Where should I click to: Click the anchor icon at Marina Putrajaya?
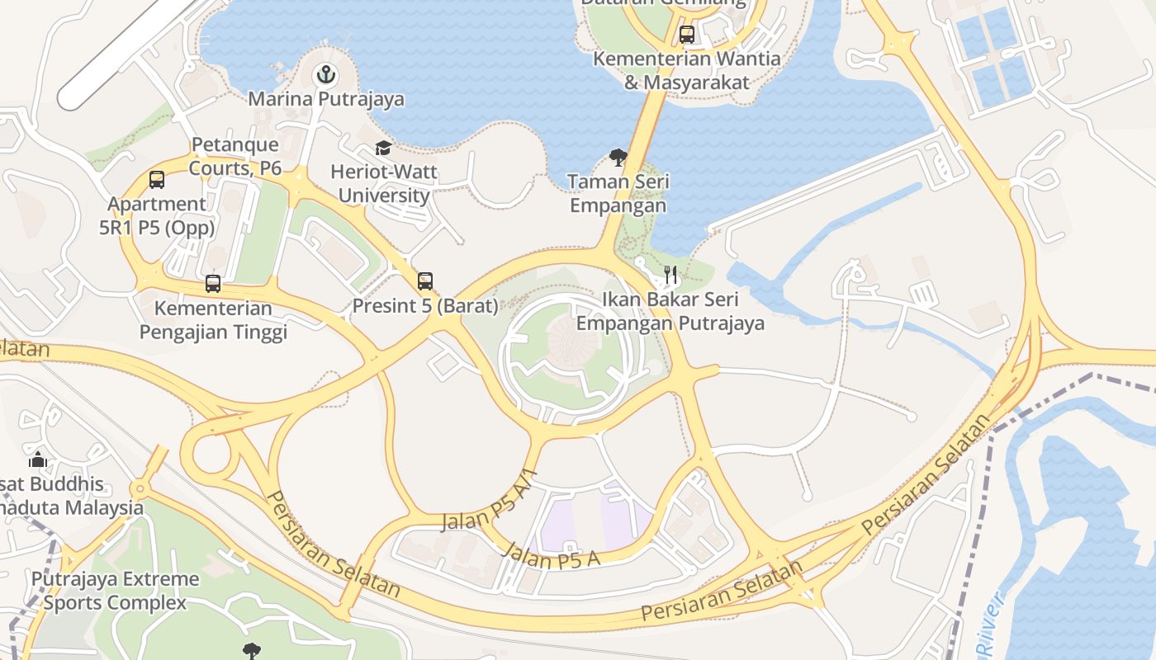coord(327,76)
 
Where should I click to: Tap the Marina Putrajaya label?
coord(327,100)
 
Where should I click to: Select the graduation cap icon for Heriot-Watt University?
coord(383,148)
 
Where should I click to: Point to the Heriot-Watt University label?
coord(384,184)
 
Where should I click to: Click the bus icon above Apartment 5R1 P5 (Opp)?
coord(157,179)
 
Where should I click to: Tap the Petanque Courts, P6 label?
coord(235,157)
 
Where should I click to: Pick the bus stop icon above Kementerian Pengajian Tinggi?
coord(213,284)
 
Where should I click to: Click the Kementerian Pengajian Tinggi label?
coord(213,320)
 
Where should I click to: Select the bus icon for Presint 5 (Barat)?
coord(425,281)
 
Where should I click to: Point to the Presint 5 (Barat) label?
coord(425,306)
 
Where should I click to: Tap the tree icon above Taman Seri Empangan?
coord(618,157)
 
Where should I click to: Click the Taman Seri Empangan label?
coord(618,193)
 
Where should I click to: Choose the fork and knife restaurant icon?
coord(670,275)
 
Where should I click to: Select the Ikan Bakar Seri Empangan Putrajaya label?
coord(670,311)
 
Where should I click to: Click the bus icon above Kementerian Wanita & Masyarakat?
coord(687,35)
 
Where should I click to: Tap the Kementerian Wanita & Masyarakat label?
coord(687,70)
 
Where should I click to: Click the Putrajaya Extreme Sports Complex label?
coord(116,591)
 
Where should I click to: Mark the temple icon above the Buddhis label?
coord(38,460)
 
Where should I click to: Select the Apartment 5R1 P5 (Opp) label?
coord(157,215)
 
